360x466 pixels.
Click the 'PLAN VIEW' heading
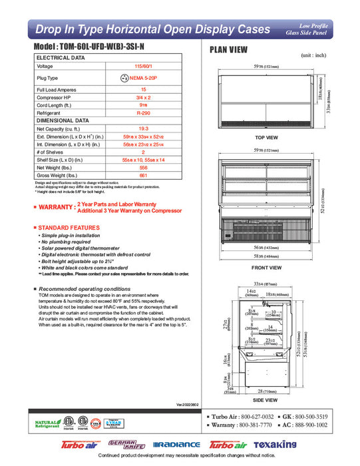pyautogui.click(x=230, y=49)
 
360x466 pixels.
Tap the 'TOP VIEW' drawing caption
pyautogui.click(x=266, y=137)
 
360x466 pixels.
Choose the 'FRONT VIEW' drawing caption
pyautogui.click(x=266, y=268)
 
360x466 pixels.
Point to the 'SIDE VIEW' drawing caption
pyautogui.click(x=266, y=401)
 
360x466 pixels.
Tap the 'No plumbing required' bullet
pyautogui.click(x=67, y=242)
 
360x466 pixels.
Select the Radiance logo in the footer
pyautogui.click(x=176, y=444)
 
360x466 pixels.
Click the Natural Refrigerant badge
pyautogui.click(x=47, y=424)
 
